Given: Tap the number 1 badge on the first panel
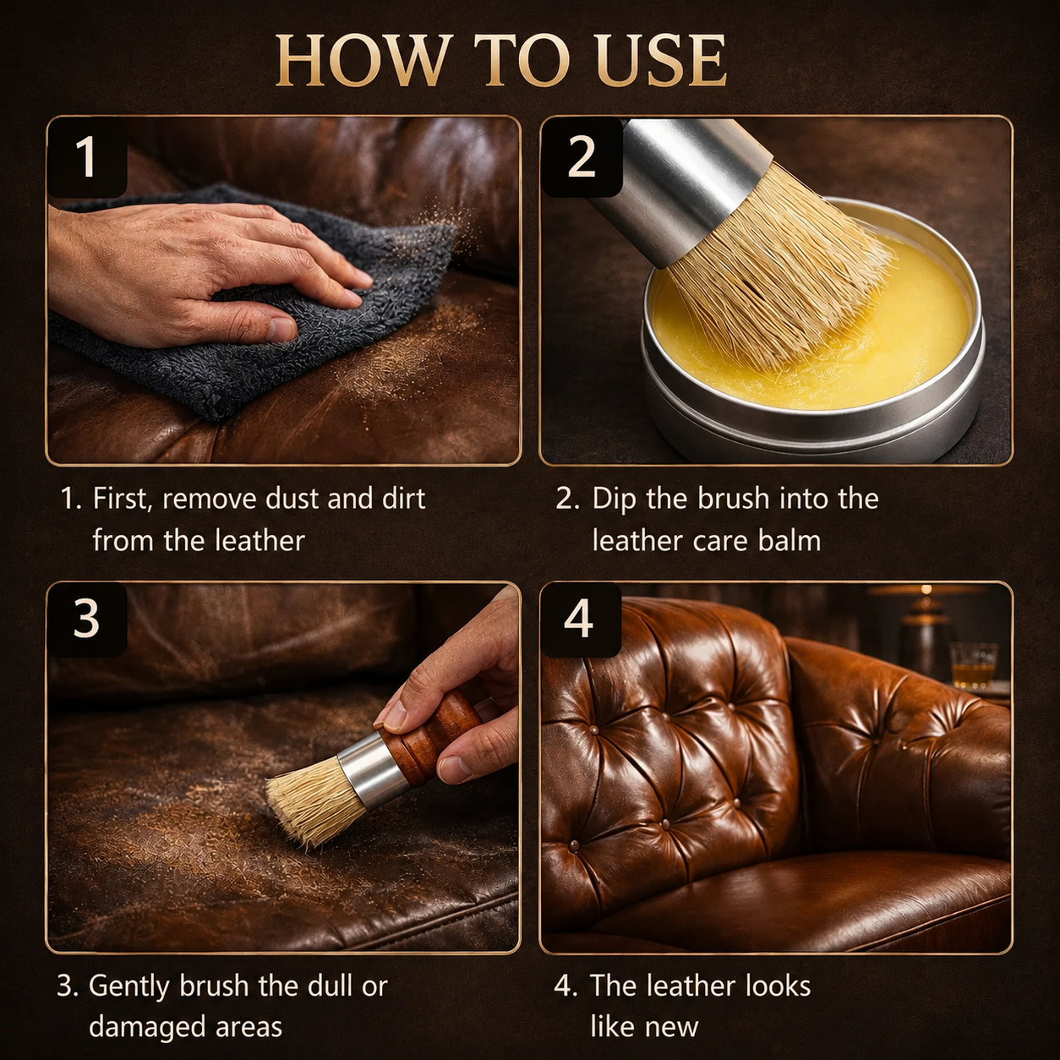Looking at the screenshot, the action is pos(87,156).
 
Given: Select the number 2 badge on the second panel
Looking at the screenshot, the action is pos(581,156).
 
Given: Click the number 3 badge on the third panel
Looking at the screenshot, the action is pos(87,620).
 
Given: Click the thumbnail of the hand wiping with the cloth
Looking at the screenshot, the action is pos(282,291).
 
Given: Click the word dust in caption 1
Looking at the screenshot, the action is pos(292,499).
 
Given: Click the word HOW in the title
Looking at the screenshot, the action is pos(361,61).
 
